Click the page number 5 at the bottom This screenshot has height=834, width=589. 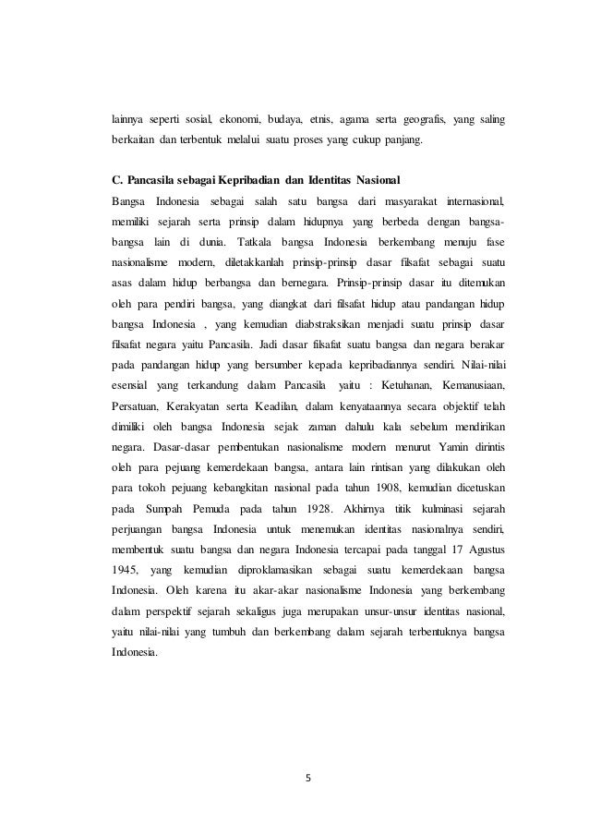tap(308, 775)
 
